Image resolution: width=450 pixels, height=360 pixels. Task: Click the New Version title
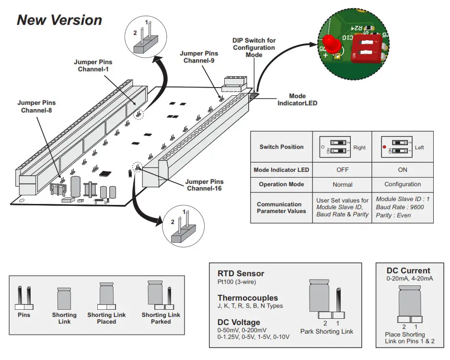pos(59,20)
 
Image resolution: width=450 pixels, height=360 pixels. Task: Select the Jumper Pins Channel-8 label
pos(36,106)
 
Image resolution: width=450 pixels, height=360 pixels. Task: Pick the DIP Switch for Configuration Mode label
pos(254,48)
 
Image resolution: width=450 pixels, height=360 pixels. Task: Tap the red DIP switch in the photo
pos(366,48)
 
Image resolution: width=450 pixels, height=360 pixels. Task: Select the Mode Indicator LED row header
pos(281,170)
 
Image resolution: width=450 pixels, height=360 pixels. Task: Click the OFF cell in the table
pos(342,170)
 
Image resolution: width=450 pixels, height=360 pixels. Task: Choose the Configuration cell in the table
pos(403,184)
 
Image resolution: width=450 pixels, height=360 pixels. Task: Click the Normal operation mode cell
pos(342,184)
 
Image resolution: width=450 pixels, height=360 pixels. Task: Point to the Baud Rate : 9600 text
pos(400,207)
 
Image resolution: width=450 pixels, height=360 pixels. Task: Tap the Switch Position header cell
pos(281,147)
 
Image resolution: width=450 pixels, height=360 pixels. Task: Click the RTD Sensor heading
pos(241,274)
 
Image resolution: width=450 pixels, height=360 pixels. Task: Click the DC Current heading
pos(408,270)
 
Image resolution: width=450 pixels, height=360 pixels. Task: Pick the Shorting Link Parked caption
pos(161,318)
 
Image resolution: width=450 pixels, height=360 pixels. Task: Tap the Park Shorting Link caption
pos(326,331)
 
